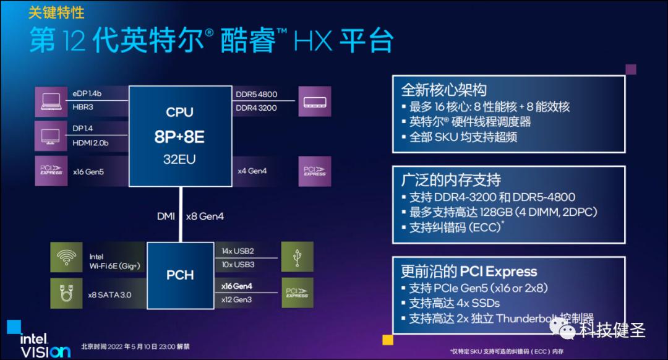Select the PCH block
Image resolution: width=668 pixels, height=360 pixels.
click(x=180, y=275)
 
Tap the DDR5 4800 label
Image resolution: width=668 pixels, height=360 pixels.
click(x=257, y=95)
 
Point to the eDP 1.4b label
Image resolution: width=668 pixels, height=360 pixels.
click(x=87, y=94)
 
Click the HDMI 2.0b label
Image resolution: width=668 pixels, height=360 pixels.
click(x=91, y=143)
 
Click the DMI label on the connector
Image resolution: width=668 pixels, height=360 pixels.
click(x=166, y=216)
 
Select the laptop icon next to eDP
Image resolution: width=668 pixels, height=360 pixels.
click(x=50, y=101)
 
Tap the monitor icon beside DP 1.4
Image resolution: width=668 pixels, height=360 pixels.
click(x=50, y=135)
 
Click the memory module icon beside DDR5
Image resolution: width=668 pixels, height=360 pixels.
click(x=314, y=101)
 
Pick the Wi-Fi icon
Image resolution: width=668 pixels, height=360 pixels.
click(x=67, y=257)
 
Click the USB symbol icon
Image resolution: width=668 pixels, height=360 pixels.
click(x=297, y=257)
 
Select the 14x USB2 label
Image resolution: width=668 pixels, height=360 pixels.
click(x=238, y=251)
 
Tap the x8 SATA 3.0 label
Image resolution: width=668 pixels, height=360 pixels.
click(x=111, y=295)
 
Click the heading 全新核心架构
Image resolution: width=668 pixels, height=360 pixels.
click(x=443, y=90)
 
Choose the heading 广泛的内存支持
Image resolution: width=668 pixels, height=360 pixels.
click(x=450, y=180)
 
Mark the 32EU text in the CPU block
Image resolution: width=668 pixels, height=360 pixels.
click(x=179, y=159)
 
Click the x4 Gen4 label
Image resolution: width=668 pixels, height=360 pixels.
click(x=252, y=171)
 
